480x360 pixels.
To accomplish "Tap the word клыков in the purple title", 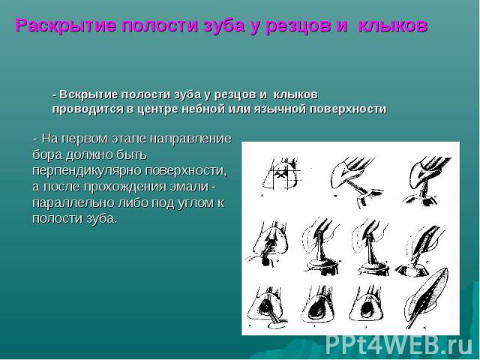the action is coord(392,25).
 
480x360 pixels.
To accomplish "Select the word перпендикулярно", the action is coord(87,171).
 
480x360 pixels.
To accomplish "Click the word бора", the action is coord(47,155).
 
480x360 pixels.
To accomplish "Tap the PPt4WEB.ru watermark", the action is coord(399,346).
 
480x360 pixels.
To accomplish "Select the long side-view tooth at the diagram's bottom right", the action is coord(426,298).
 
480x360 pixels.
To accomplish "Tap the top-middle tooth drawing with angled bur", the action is coord(354,181).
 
